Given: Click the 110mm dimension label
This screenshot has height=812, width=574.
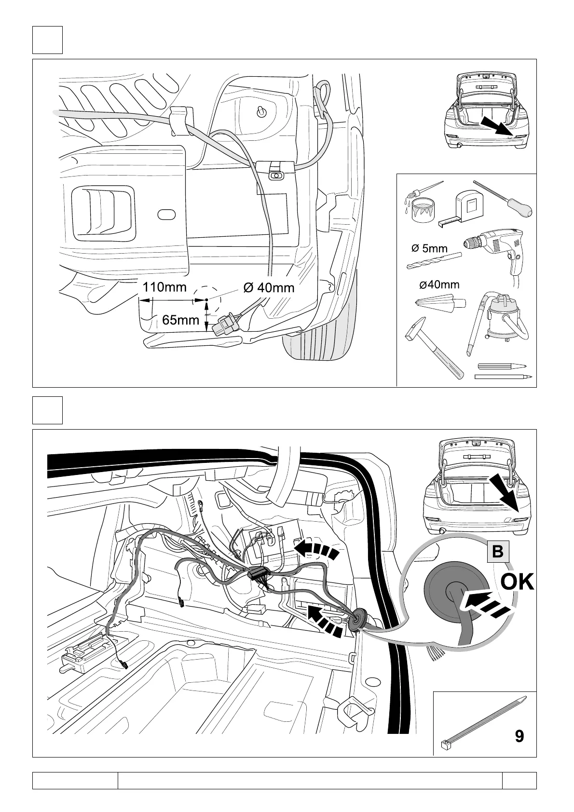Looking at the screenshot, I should (x=164, y=287).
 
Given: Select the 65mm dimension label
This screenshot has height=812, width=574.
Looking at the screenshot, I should (x=180, y=320).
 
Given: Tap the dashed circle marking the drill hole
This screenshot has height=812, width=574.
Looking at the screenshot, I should (x=206, y=300).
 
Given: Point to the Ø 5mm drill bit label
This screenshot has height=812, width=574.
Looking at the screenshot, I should (x=429, y=249).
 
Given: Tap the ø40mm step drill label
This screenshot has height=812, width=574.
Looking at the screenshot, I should (x=439, y=284).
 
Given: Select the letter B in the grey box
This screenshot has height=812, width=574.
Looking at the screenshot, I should (x=497, y=552).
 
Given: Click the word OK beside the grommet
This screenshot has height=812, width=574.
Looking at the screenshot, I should (x=517, y=582).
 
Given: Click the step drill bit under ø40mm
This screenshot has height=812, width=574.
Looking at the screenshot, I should (x=440, y=303).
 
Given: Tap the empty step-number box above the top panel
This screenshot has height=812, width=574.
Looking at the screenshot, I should (x=47, y=40).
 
